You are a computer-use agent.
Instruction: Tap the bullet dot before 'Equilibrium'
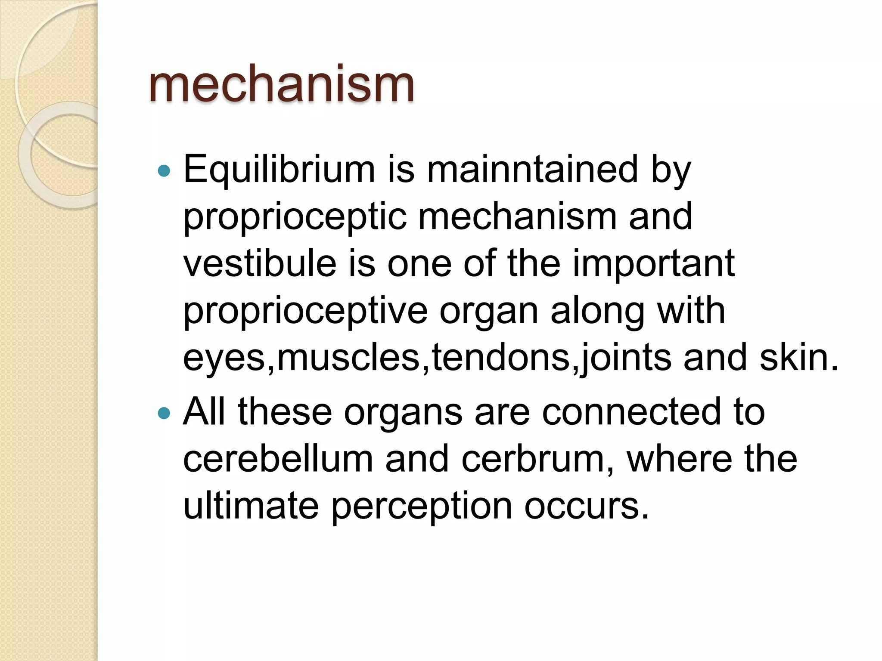164,172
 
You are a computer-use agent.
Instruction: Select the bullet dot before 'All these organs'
164,414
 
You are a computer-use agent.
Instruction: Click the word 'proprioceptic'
295,217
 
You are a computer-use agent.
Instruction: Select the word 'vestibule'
260,263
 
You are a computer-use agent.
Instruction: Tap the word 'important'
653,263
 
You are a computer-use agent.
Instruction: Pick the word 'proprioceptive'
305,312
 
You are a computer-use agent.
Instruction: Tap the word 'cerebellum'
278,459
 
